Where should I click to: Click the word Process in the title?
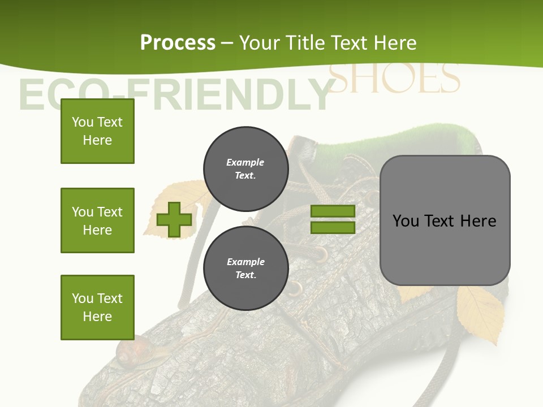click(x=178, y=43)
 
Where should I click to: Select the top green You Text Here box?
click(x=97, y=131)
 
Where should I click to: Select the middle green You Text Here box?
click(x=97, y=220)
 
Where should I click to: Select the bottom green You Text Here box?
click(x=97, y=308)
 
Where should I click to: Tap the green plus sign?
click(x=174, y=219)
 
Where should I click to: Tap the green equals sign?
click(x=333, y=219)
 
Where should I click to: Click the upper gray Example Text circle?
click(x=245, y=168)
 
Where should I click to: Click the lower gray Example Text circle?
click(x=245, y=268)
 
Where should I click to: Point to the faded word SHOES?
click(x=394, y=80)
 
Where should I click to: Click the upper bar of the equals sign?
click(x=333, y=211)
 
